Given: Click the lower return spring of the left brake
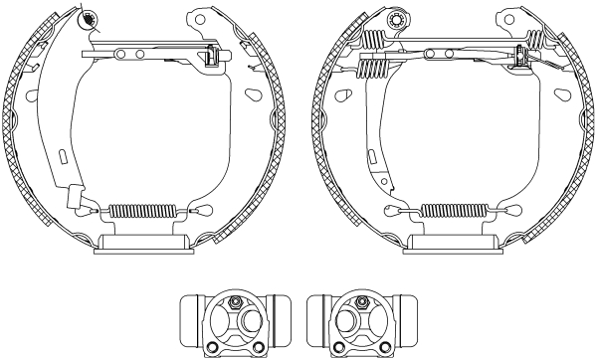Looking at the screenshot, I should click(x=140, y=210).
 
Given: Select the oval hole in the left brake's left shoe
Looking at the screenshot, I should click(x=30, y=96).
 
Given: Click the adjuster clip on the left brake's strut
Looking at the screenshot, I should click(x=211, y=58).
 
